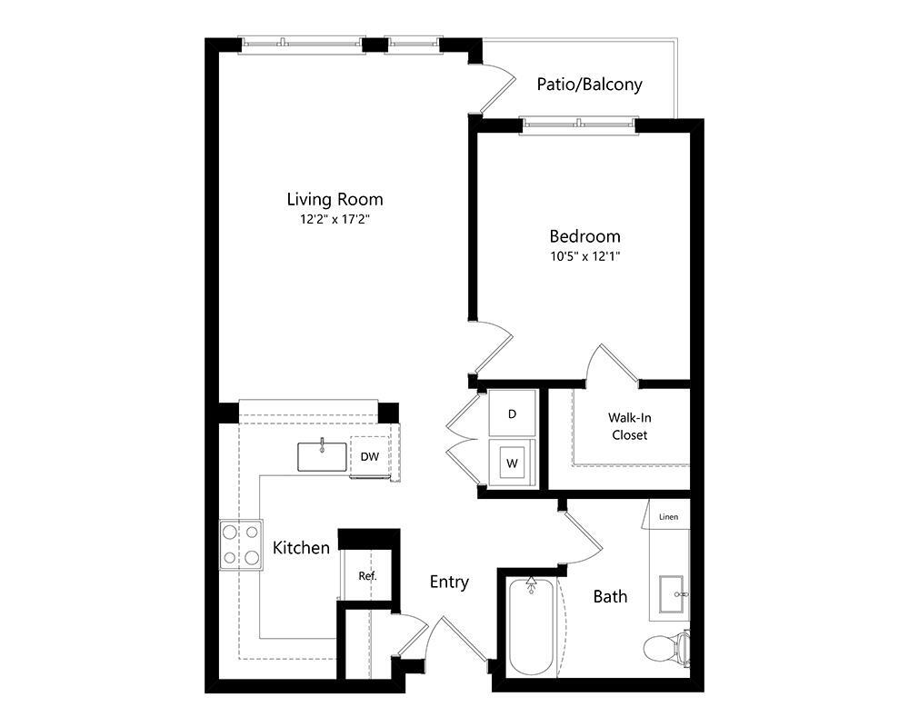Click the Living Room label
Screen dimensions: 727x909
335,199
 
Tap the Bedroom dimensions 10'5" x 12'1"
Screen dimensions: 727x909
584,255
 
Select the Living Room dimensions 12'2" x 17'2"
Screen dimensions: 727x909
335,219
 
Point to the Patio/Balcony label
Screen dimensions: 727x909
589,85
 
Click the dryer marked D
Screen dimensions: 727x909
512,413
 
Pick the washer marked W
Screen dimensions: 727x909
512,463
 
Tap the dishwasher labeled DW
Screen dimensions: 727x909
369,456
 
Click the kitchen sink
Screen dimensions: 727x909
322,456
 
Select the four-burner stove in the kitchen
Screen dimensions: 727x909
241,544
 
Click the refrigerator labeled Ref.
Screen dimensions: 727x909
367,575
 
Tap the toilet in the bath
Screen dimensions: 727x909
666,647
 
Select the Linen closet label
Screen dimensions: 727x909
669,517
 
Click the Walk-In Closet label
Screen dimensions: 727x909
629,426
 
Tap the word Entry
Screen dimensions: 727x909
449,582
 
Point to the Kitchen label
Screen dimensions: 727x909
301,548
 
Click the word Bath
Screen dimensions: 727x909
610,597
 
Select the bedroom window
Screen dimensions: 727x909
578,124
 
